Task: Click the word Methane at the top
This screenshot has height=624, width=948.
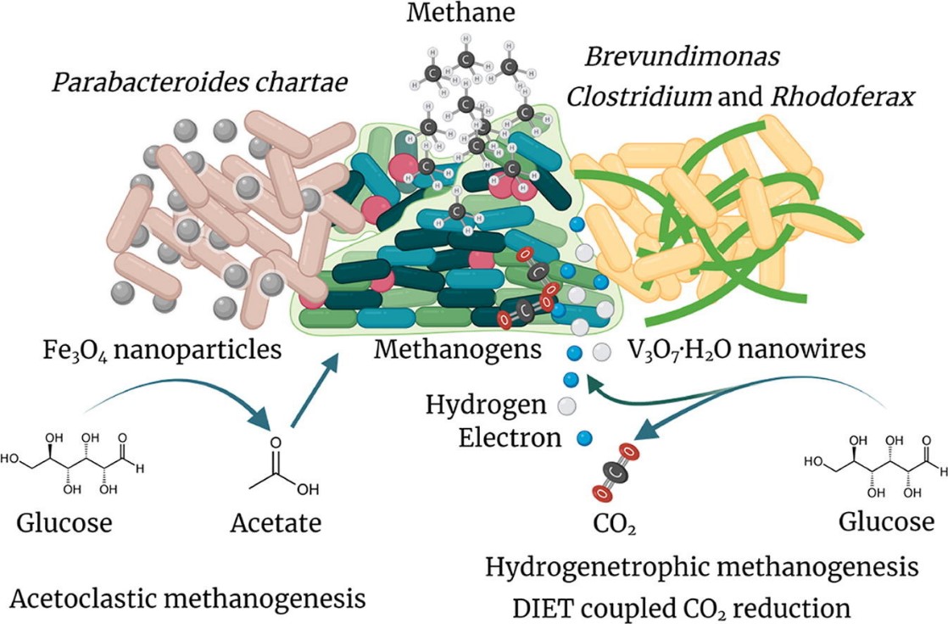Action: (471, 14)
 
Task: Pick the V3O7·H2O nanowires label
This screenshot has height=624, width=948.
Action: (746, 349)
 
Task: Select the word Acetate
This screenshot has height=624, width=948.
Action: (276, 523)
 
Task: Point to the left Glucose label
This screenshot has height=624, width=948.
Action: (64, 523)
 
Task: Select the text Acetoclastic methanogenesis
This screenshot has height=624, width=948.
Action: (189, 599)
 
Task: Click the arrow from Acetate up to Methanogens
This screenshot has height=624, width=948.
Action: (315, 389)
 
